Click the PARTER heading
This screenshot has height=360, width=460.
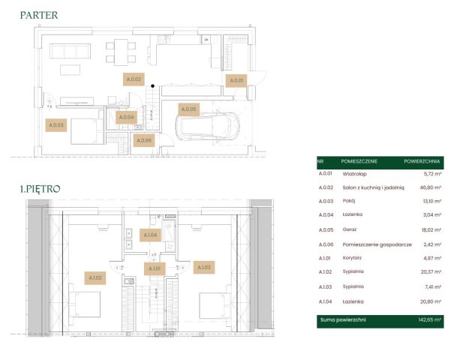coord(39,15)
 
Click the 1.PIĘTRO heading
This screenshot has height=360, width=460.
coord(41,189)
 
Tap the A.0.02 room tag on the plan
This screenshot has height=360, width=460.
coord(134,79)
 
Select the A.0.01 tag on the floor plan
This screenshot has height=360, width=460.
coord(236,80)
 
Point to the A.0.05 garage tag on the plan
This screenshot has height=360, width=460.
coord(188,109)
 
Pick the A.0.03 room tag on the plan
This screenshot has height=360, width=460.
coord(56,125)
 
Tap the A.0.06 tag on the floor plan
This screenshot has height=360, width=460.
coord(144,140)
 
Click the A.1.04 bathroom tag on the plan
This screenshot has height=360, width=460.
coord(150,235)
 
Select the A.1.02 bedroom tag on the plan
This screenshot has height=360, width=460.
coord(95,278)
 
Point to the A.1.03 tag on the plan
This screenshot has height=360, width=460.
coord(204,267)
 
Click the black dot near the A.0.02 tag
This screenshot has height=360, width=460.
coord(152,86)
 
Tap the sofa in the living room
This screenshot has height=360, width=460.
coord(70,51)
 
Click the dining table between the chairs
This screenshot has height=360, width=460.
coord(121,52)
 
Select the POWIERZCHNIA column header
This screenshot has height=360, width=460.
coord(422,161)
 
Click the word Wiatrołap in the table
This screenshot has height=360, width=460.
coord(354,174)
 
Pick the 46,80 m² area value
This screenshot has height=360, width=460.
coord(431,187)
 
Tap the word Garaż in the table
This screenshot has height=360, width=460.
coord(350,229)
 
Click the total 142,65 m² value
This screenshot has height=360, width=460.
coord(430,319)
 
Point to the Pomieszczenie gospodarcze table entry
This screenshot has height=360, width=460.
coord(377,244)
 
